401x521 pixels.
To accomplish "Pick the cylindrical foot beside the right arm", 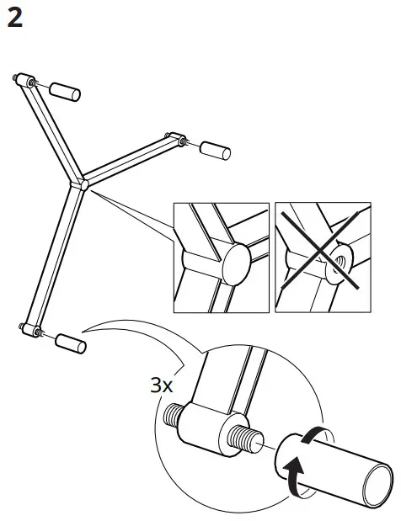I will coord(216,152).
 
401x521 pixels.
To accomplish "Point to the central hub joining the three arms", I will coord(83,183).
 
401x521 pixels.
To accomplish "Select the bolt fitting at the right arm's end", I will coord(176,136).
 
